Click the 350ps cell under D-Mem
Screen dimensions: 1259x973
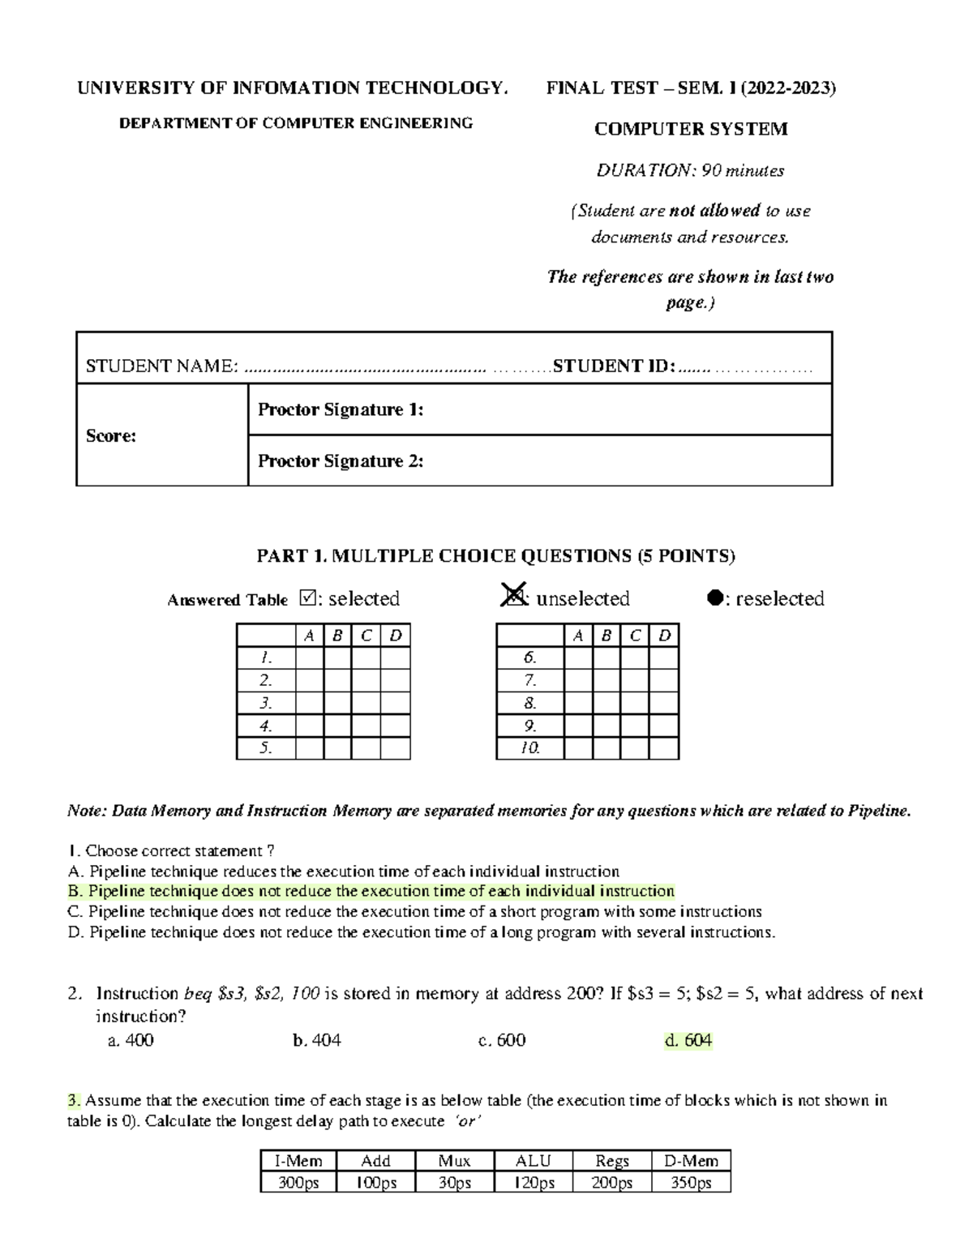[x=691, y=1183]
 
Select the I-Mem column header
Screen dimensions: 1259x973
[x=298, y=1161]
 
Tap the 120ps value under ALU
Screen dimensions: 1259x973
[x=534, y=1183]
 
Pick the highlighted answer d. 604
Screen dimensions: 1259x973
[x=688, y=1040]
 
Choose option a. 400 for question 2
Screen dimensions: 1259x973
[x=131, y=1040]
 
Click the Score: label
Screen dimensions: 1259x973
[x=111, y=436]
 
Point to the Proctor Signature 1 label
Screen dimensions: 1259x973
[x=341, y=410]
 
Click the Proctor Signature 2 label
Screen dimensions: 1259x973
[x=341, y=461]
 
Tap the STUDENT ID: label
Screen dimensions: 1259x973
[x=614, y=366]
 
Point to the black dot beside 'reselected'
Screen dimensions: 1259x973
[x=714, y=598]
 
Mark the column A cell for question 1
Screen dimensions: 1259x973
[x=309, y=657]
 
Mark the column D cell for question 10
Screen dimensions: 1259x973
[x=664, y=748]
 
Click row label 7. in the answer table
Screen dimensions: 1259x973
[x=529, y=680]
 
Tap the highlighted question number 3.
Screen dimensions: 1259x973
[x=74, y=1100]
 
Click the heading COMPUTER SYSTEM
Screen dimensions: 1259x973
[x=691, y=129]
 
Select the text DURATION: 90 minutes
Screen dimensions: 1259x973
[x=691, y=171]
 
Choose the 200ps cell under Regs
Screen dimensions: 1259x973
[x=612, y=1183]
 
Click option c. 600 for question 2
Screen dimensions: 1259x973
[x=502, y=1040]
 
